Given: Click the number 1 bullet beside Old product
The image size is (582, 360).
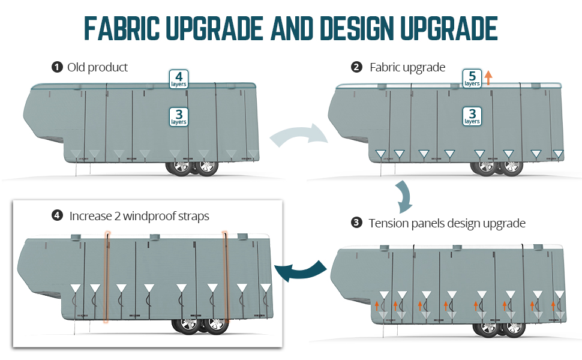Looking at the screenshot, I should [x=58, y=67].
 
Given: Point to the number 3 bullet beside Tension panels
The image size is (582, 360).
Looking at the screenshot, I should [x=356, y=223].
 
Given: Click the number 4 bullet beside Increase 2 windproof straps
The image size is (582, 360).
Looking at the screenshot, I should [x=58, y=215].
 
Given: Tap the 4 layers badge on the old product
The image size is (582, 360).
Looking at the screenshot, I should [x=179, y=79].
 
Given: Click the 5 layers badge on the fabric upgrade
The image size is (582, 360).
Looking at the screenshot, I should [x=472, y=79].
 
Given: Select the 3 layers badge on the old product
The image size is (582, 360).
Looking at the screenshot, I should [x=179, y=116].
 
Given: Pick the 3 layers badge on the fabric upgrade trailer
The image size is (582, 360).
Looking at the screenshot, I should [x=472, y=116].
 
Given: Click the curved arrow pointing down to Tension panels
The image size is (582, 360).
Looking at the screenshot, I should [x=403, y=196].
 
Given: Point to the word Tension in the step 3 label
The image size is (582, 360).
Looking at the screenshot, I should [x=389, y=223].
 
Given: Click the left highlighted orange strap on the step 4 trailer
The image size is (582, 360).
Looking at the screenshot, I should [x=107, y=276].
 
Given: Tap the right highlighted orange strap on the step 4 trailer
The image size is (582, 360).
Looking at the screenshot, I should [x=226, y=276].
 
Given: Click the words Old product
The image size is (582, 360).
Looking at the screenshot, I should [x=98, y=67].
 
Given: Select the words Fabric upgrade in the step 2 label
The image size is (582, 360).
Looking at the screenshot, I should [x=407, y=67].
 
